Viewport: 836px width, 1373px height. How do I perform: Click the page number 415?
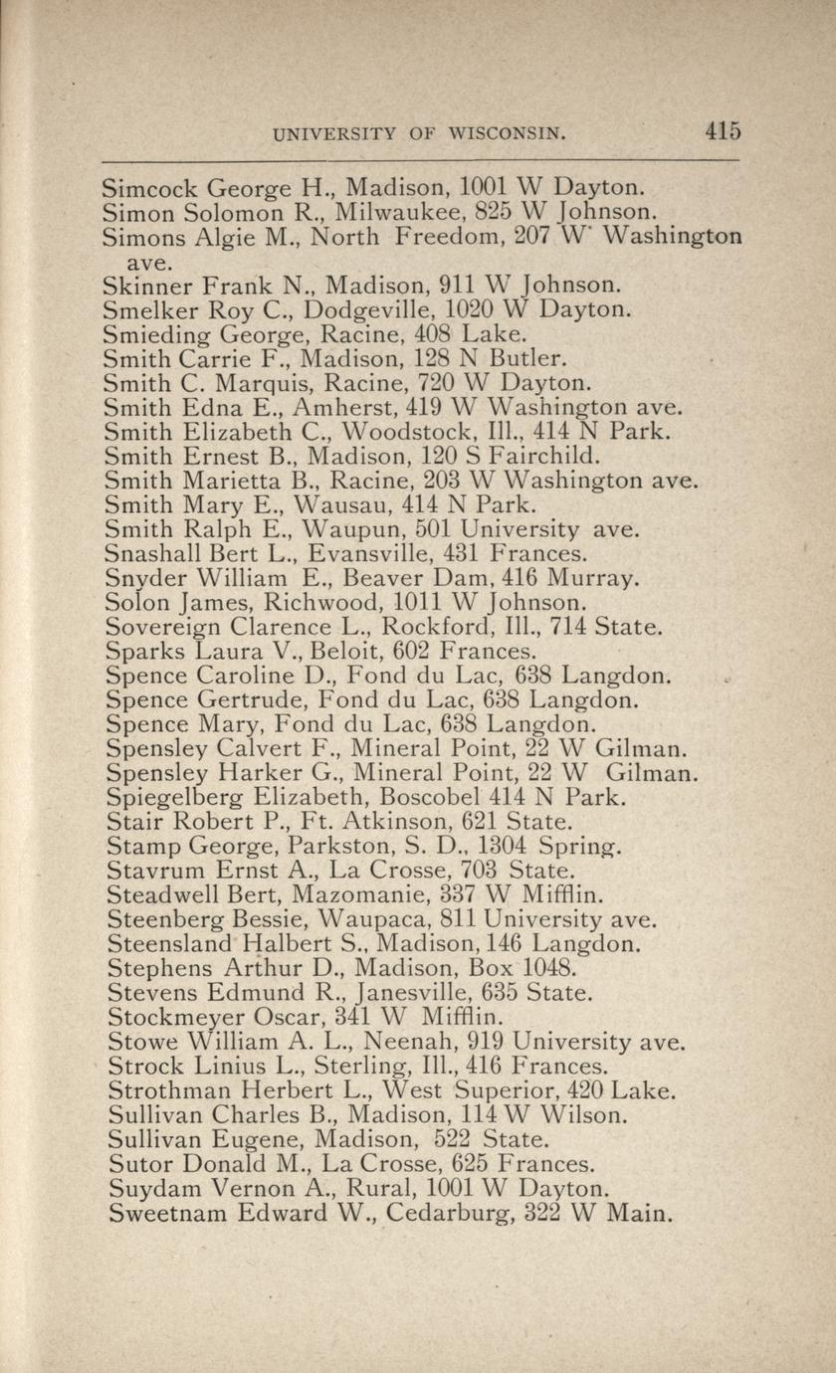click(x=724, y=131)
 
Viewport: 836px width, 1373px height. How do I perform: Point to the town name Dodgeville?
click(x=368, y=309)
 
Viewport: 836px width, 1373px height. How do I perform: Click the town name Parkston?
click(x=332, y=846)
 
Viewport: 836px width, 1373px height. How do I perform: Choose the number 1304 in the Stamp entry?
click(x=502, y=846)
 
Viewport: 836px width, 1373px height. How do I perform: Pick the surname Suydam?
click(x=144, y=1188)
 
